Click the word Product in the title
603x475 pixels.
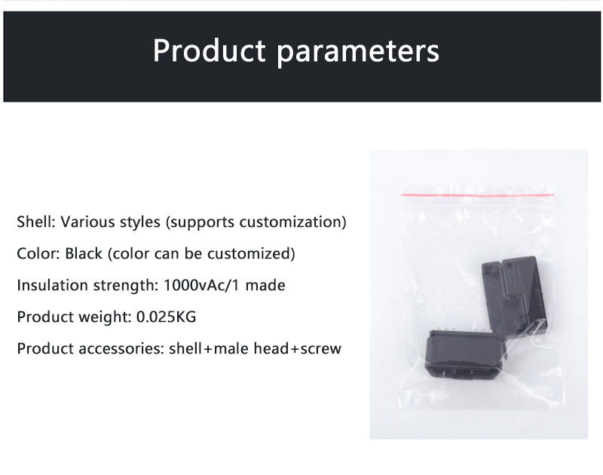click(210, 51)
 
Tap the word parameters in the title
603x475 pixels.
click(358, 53)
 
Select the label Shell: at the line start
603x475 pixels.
click(36, 222)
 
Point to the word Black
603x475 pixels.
click(84, 253)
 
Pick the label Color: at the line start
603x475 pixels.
click(38, 253)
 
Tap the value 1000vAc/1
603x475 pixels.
click(202, 286)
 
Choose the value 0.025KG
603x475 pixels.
click(166, 317)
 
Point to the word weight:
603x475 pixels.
click(106, 317)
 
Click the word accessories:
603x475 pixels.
click(121, 348)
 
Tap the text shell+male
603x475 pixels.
click(209, 348)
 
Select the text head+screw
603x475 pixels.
click(297, 348)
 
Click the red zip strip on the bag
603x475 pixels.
click(477, 195)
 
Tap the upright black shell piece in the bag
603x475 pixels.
click(515, 296)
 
